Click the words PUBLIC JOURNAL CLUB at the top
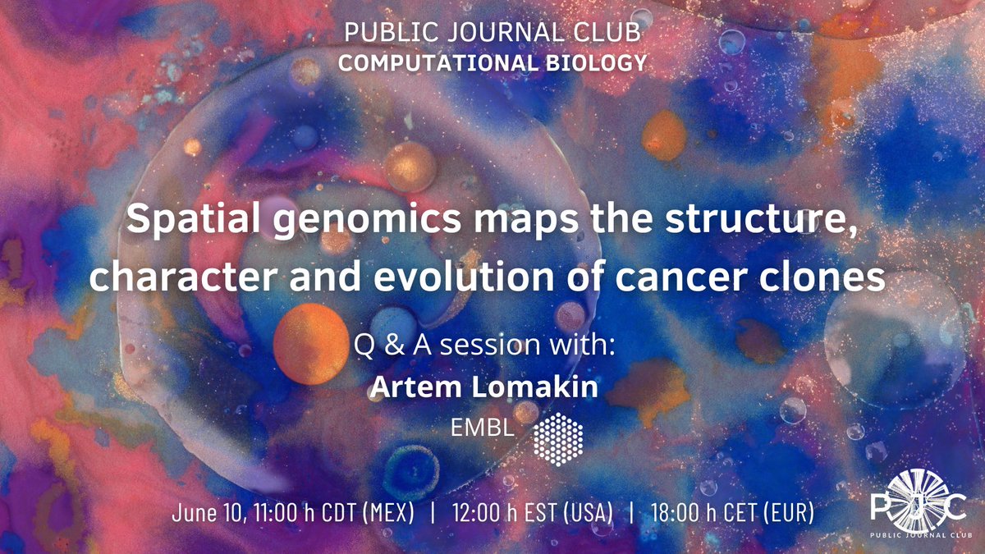click(492, 33)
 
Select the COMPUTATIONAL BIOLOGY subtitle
click(492, 62)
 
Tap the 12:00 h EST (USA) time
click(533, 513)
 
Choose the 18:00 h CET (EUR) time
click(732, 513)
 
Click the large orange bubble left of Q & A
click(311, 343)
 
